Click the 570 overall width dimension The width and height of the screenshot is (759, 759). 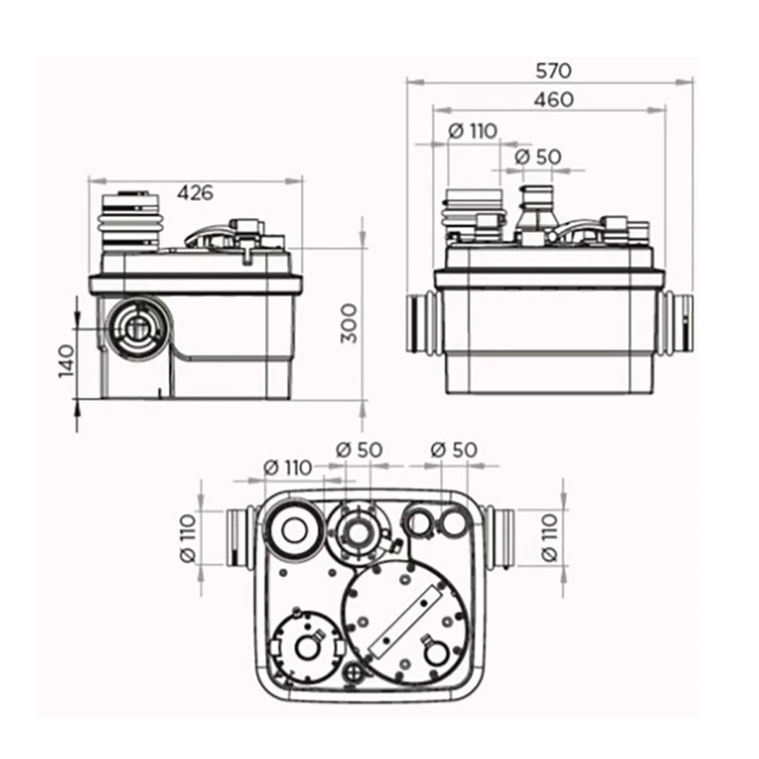pos(553,70)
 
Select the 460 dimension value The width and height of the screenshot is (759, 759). pos(553,99)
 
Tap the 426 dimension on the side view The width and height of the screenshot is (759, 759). pos(194,192)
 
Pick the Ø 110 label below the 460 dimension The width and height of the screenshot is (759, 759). pos(472,131)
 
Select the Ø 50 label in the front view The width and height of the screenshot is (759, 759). pos(537,156)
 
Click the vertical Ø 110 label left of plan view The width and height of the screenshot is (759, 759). pos(188,538)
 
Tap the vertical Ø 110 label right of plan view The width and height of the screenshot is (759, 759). pos(549,538)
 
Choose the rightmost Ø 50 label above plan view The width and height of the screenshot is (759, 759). pos(454,450)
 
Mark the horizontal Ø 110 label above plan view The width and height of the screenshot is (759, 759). pos(287,467)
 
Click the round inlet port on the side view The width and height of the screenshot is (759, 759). pos(134,327)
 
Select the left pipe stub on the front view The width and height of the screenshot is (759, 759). pos(420,323)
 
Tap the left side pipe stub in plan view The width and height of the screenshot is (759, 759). pos(241,538)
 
